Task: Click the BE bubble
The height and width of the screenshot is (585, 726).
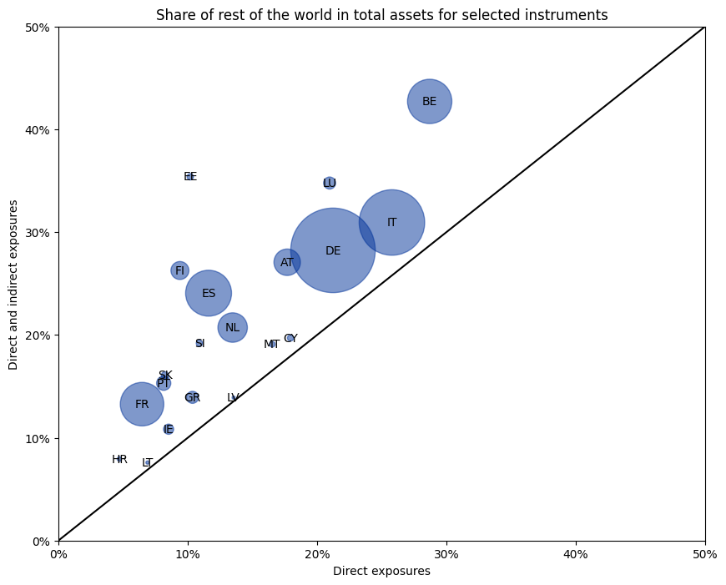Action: pyautogui.click(x=429, y=102)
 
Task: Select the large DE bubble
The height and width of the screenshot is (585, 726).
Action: pyautogui.click(x=333, y=250)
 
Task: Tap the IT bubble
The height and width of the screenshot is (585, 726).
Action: pyautogui.click(x=391, y=223)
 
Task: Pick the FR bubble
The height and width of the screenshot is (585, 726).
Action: pyautogui.click(x=142, y=404)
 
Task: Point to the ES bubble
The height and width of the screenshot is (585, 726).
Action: pyautogui.click(x=209, y=293)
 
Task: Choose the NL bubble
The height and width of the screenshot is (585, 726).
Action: pyautogui.click(x=232, y=327)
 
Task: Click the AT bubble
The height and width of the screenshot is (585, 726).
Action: pyautogui.click(x=287, y=262)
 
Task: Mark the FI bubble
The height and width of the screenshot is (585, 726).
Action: pyautogui.click(x=179, y=270)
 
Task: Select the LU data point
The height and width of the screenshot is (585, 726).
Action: pyautogui.click(x=330, y=183)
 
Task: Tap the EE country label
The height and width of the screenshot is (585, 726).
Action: pyautogui.click(x=190, y=177)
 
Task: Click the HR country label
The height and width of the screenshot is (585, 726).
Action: pyautogui.click(x=119, y=460)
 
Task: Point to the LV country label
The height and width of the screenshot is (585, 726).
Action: pyautogui.click(x=233, y=398)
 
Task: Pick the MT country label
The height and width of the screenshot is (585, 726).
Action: pyautogui.click(x=271, y=345)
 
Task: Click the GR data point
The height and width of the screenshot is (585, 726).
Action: pyautogui.click(x=192, y=398)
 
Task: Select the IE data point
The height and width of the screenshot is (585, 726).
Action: pyautogui.click(x=169, y=429)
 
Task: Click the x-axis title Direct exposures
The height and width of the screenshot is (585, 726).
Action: pyautogui.click(x=381, y=572)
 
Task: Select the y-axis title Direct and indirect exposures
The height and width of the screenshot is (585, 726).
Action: pyautogui.click(x=14, y=284)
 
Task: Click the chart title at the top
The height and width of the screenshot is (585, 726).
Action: pyautogui.click(x=381, y=15)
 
